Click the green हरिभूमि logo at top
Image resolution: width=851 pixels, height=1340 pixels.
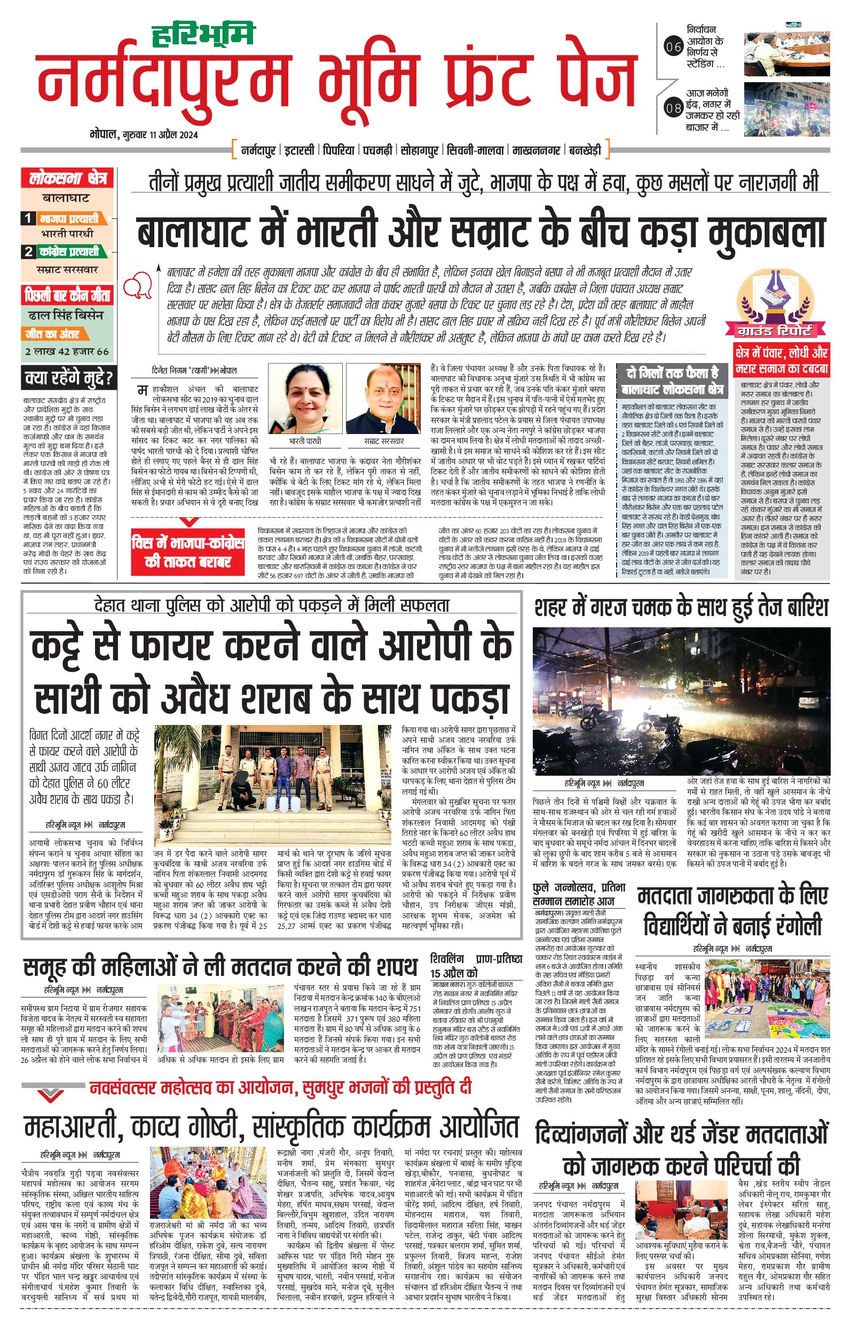pyautogui.click(x=203, y=35)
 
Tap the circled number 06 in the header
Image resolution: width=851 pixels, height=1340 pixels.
pyautogui.click(x=673, y=47)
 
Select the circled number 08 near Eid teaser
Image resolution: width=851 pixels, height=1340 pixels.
pyautogui.click(x=673, y=107)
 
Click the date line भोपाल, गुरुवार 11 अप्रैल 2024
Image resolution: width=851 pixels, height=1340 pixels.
pyautogui.click(x=144, y=135)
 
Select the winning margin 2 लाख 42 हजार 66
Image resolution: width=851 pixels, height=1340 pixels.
pyautogui.click(x=67, y=352)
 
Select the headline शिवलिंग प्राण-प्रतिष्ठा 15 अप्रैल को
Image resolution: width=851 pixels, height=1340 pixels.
pyautogui.click(x=476, y=965)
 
